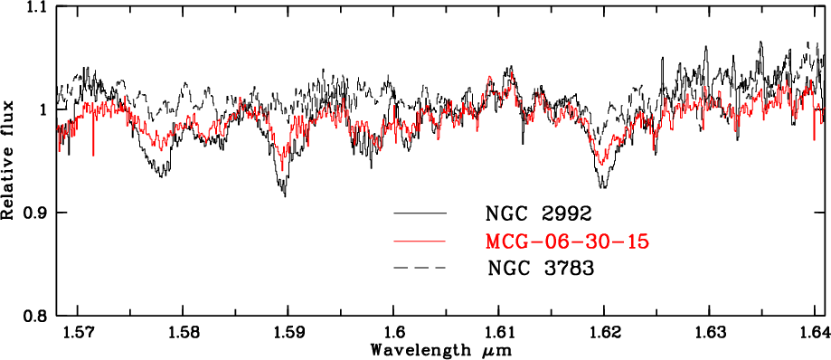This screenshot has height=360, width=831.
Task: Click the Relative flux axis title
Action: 7,159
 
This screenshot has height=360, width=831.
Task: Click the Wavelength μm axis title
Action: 441,351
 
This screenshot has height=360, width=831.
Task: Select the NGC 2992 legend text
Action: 538,213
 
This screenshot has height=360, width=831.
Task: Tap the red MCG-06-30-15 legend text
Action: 567,242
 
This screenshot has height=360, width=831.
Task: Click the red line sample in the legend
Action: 420,242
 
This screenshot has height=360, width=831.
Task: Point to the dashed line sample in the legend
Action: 420,269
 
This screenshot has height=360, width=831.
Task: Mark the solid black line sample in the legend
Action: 420,213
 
